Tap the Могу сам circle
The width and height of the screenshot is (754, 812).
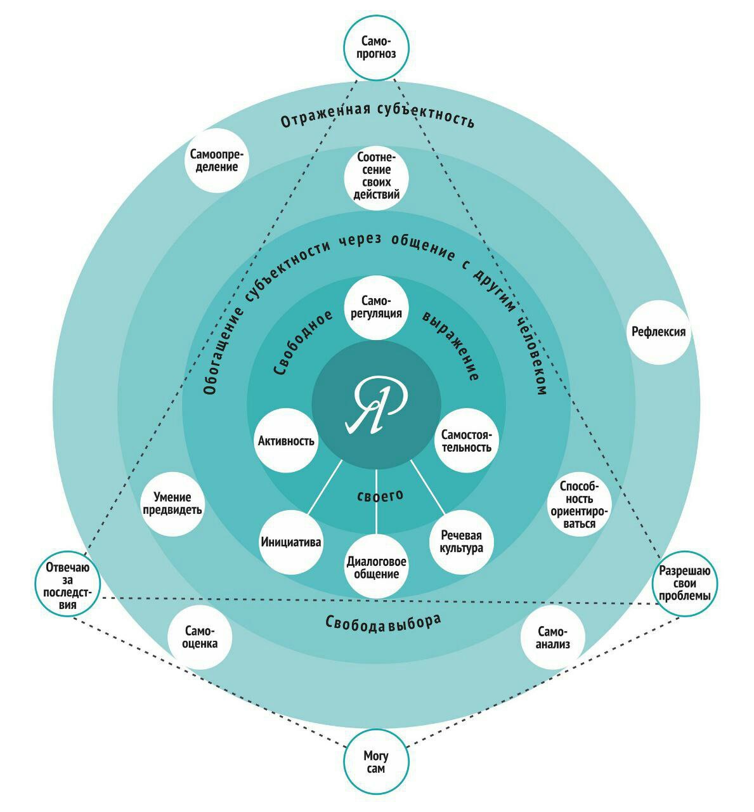376,761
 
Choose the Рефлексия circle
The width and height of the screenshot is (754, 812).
658,331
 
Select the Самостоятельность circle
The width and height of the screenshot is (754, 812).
466,440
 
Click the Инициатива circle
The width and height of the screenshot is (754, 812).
291,542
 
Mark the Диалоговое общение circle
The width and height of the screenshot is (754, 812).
377,567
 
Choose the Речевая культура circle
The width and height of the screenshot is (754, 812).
461,542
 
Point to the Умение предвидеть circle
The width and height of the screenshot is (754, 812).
172,504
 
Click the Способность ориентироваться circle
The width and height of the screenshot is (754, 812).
578,504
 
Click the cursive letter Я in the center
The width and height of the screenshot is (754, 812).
376,405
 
